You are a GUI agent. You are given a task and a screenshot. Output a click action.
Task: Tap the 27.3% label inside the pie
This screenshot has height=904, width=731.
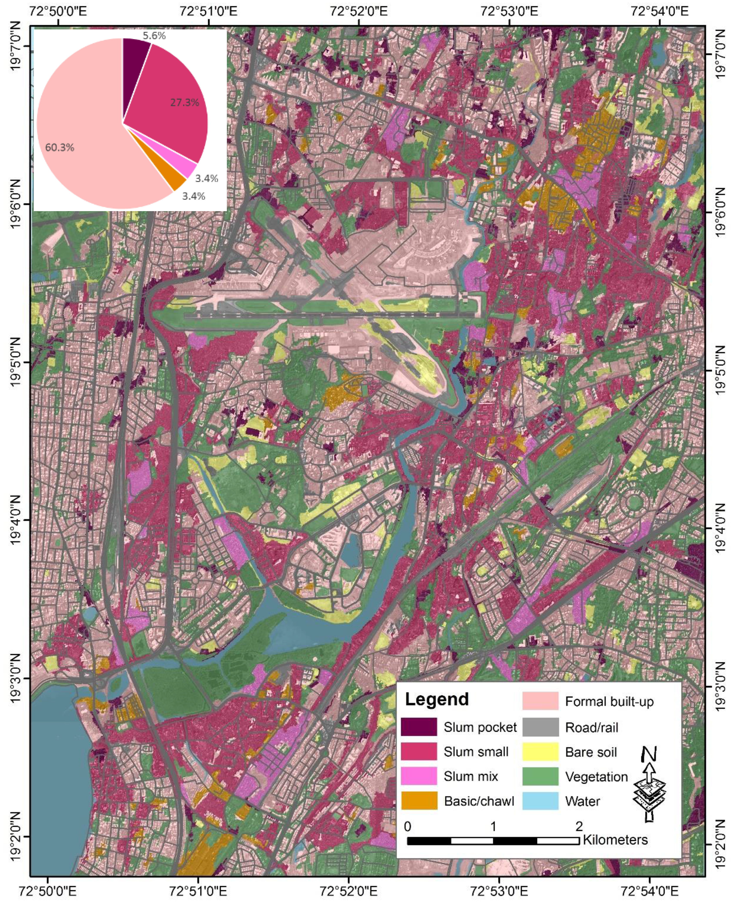[184, 102]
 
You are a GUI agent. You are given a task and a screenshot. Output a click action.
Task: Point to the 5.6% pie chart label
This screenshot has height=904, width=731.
[154, 36]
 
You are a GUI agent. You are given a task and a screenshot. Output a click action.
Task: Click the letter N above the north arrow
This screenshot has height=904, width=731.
[649, 754]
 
